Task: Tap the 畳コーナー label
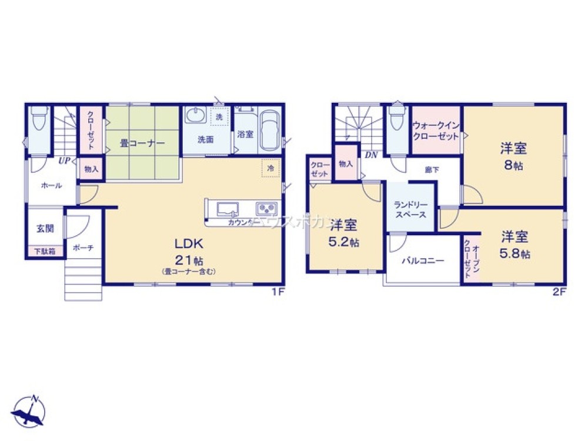(138, 143)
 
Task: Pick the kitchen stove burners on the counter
(266, 209)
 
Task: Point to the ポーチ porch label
(83, 248)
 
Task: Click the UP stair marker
(64, 160)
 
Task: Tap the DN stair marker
(370, 155)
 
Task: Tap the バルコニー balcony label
(423, 260)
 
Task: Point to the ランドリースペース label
(410, 210)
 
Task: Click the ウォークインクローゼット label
(436, 131)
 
